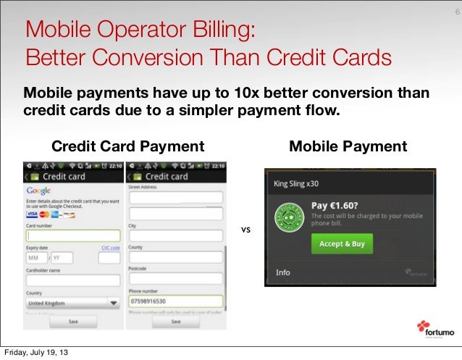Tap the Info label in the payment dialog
[282, 273]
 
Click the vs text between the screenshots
[245, 230]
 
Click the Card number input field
[72, 235]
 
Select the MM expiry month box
[35, 258]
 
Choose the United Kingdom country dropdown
[72, 303]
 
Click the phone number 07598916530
[148, 299]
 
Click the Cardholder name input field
[72, 280]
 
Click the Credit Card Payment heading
[127, 147]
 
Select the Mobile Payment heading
[348, 147]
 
